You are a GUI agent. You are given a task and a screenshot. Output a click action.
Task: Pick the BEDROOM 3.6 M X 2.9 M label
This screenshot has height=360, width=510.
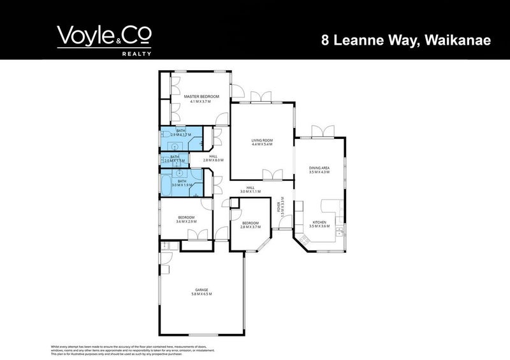pos(187,219)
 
